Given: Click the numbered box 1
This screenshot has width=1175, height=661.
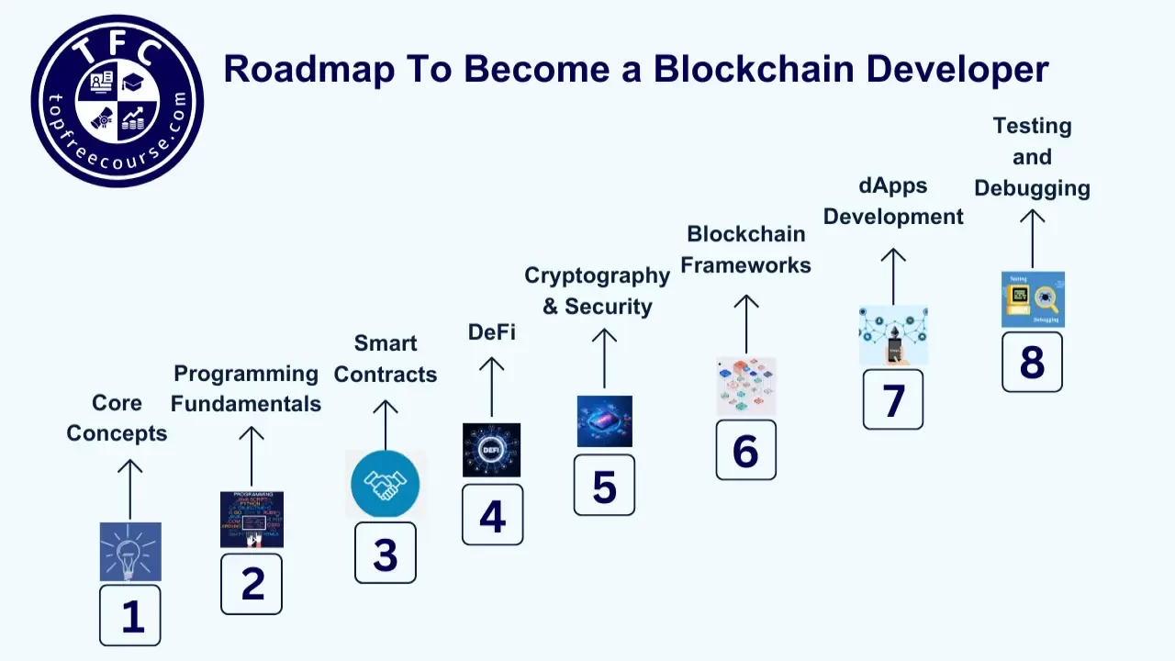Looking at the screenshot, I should tap(130, 615).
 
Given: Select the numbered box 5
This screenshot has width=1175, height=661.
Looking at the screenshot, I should tap(604, 485).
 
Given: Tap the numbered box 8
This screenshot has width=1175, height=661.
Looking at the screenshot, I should tap(1032, 362).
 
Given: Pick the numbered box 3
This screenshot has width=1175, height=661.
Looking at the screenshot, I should tap(386, 553).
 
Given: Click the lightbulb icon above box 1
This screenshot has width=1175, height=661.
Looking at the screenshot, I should tap(130, 552).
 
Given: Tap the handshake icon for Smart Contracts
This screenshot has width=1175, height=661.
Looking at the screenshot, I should tap(386, 484).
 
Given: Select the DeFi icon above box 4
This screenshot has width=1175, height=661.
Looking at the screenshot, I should tap(491, 450).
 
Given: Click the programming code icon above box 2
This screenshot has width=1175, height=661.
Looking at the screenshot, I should tap(252, 520).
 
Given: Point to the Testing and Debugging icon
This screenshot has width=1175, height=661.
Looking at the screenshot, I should tap(1033, 299).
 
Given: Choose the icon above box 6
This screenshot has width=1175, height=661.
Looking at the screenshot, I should tap(746, 387).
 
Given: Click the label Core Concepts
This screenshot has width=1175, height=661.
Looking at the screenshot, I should tap(117, 418).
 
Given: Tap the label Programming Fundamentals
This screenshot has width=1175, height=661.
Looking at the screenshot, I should tap(246, 388).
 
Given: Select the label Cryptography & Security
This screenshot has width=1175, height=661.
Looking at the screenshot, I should tap(598, 290).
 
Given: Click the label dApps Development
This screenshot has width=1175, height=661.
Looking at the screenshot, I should tap(893, 201).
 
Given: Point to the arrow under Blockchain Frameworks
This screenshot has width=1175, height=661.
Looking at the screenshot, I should tap(746, 324).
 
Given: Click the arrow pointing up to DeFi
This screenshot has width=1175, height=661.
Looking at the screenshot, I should tap(491, 387).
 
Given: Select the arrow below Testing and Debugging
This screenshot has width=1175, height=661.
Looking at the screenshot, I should tap(1033, 239).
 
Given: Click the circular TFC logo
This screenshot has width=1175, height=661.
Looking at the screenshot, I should tap(117, 101).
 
